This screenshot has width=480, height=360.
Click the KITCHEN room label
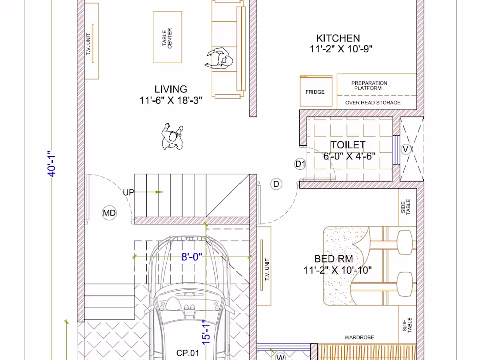[x=338, y=38]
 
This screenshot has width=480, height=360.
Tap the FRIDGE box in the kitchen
[x=315, y=92]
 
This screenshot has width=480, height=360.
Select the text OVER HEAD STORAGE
[x=373, y=103]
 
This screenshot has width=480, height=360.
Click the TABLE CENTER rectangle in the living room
[x=167, y=38]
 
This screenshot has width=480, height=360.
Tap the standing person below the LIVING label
[x=173, y=137]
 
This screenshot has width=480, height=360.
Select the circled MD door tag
[x=109, y=213]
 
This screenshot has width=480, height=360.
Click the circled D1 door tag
[x=301, y=164]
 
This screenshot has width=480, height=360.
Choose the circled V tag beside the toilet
[x=405, y=150]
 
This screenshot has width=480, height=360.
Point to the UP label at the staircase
[x=128, y=192]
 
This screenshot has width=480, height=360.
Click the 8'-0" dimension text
[x=192, y=257]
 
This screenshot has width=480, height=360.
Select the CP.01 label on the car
[x=188, y=353]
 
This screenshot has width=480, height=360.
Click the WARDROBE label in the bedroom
[x=359, y=337]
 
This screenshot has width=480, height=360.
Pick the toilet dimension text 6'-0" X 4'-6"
[x=349, y=156]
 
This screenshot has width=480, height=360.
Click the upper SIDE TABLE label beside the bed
[x=406, y=206]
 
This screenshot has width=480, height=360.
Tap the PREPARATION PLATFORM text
[x=369, y=86]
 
